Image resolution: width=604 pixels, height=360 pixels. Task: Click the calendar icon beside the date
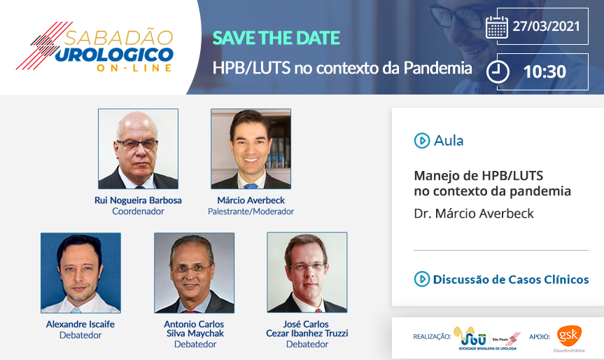[x=497, y=27]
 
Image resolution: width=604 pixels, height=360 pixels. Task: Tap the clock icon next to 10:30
[x=498, y=71]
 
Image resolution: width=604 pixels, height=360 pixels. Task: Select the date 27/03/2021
[x=546, y=26]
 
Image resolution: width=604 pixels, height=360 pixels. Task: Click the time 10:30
[x=545, y=71]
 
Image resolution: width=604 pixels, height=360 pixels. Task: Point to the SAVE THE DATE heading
[x=276, y=38]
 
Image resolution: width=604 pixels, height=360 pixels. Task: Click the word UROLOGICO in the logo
[x=114, y=55]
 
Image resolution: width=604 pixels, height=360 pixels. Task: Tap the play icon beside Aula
[x=422, y=141]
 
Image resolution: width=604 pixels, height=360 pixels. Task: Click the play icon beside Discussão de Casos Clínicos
[x=422, y=279]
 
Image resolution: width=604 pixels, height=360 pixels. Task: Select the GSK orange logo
[x=569, y=336]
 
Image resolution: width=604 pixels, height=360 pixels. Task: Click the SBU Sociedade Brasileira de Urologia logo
[x=486, y=338]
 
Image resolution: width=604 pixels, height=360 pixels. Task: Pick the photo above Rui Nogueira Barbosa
[x=139, y=148]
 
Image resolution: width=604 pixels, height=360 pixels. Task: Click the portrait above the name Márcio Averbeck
[x=251, y=148]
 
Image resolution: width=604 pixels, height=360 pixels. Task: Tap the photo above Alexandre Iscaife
[x=81, y=272]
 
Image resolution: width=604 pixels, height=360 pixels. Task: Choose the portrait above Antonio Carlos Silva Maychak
[x=194, y=272]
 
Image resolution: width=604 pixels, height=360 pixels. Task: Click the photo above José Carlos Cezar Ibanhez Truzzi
[x=307, y=272]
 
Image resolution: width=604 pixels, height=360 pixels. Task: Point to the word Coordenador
[x=138, y=212]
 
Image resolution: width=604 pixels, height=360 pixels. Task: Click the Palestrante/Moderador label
[x=251, y=212]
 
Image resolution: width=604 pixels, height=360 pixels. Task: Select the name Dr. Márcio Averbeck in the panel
[x=474, y=214]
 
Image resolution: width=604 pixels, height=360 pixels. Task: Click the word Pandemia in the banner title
[x=437, y=68]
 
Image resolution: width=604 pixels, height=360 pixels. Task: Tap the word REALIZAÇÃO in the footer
[x=432, y=337]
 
